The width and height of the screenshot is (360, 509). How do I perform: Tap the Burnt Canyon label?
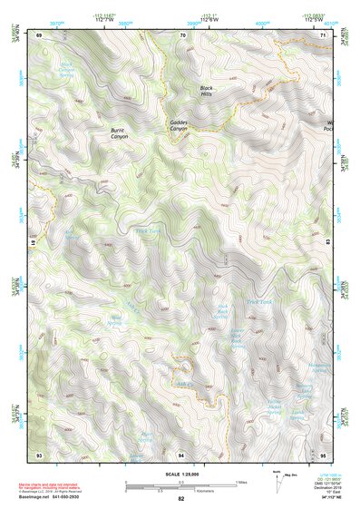coord(120,132)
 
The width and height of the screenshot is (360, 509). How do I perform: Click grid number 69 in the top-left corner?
coord(39,34)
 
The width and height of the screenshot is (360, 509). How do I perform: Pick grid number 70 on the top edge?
coord(182,34)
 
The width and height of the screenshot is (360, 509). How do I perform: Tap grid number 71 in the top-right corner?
coord(323,34)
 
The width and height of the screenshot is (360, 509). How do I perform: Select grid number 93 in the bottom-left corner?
coord(39,453)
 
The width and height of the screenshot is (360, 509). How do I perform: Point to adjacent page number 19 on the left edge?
coord(34,243)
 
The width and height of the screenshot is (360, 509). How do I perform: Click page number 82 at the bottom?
coord(181,499)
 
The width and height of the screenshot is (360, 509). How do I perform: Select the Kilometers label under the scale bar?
coord(180,488)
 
